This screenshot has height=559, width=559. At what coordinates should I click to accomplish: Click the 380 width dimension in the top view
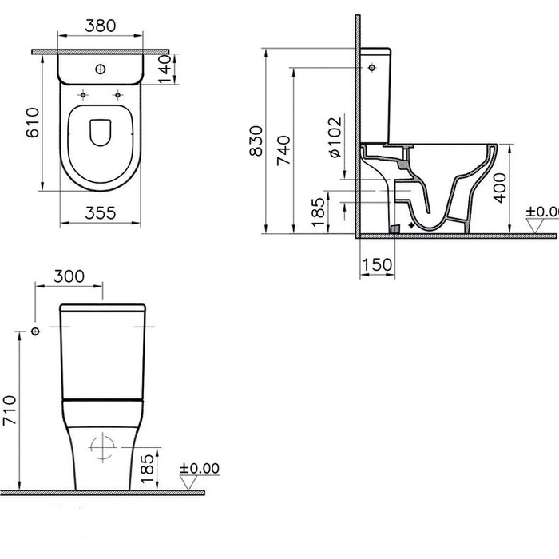101,26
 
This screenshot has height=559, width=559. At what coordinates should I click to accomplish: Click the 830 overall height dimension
256,142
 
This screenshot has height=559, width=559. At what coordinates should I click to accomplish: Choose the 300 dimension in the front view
69,275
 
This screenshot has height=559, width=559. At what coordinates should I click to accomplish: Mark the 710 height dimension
9,410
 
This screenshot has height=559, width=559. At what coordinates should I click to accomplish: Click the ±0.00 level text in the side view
541,212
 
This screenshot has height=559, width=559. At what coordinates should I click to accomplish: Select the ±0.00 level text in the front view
199,469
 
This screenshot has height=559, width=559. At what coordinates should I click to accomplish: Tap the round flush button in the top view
101,70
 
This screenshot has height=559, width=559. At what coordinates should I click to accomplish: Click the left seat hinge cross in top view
82,96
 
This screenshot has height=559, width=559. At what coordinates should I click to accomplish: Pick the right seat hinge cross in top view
119,96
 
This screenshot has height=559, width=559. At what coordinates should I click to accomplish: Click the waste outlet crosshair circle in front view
101,449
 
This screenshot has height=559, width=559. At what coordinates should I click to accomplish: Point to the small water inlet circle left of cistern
35,331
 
